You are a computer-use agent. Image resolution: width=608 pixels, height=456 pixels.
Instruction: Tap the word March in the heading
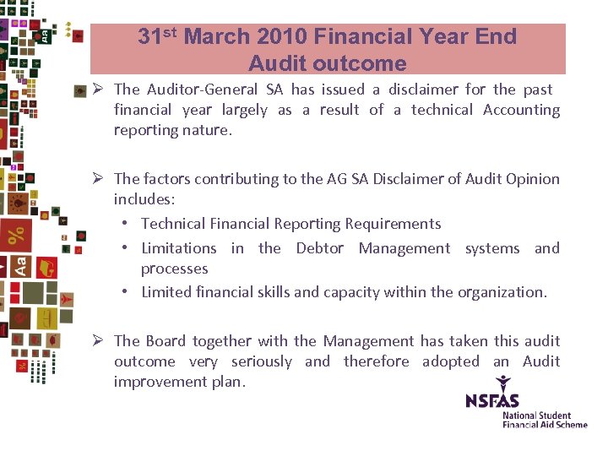point(214,36)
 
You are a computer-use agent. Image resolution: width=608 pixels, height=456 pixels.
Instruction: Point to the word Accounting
point(521,110)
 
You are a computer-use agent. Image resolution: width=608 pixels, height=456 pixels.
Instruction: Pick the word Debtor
point(319,248)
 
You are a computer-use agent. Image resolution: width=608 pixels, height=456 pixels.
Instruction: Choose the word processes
point(174,269)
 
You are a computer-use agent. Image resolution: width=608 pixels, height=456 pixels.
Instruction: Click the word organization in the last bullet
point(502,292)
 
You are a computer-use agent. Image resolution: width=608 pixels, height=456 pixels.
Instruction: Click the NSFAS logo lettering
point(492,400)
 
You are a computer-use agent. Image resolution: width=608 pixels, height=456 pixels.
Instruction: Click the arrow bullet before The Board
point(98,341)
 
